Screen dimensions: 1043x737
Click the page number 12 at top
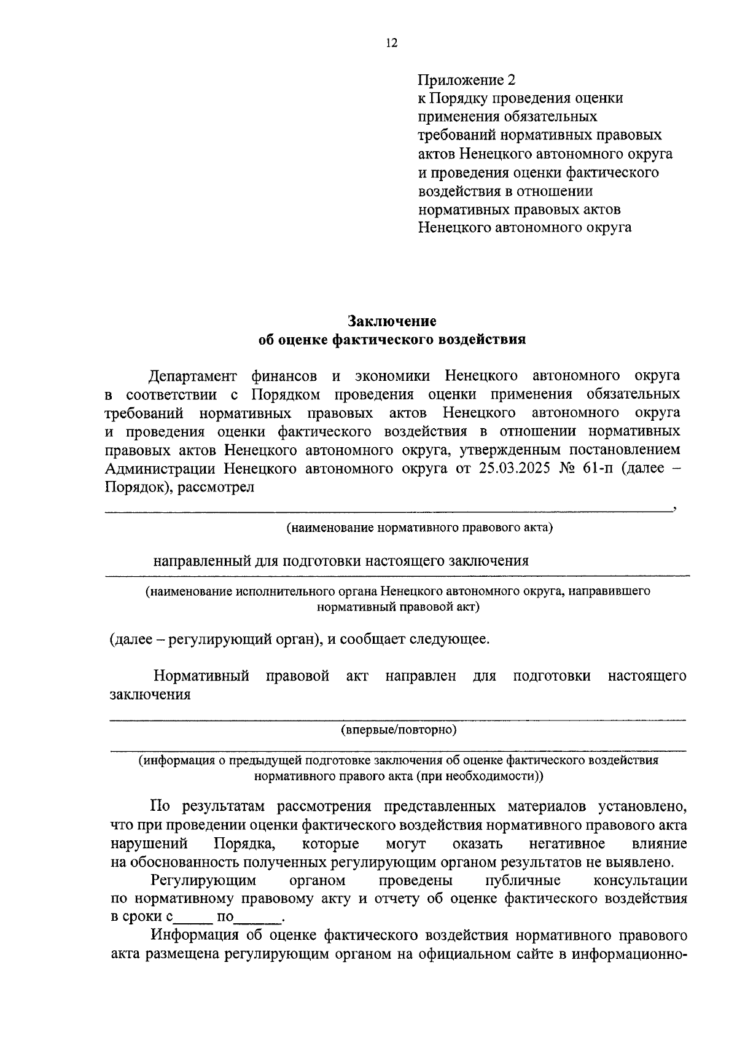(392, 43)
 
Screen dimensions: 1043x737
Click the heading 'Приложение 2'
(466, 80)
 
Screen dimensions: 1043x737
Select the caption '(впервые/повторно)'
(399, 730)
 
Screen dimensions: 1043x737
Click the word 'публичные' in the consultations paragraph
(523, 880)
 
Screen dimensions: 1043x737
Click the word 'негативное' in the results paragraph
(567, 843)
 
